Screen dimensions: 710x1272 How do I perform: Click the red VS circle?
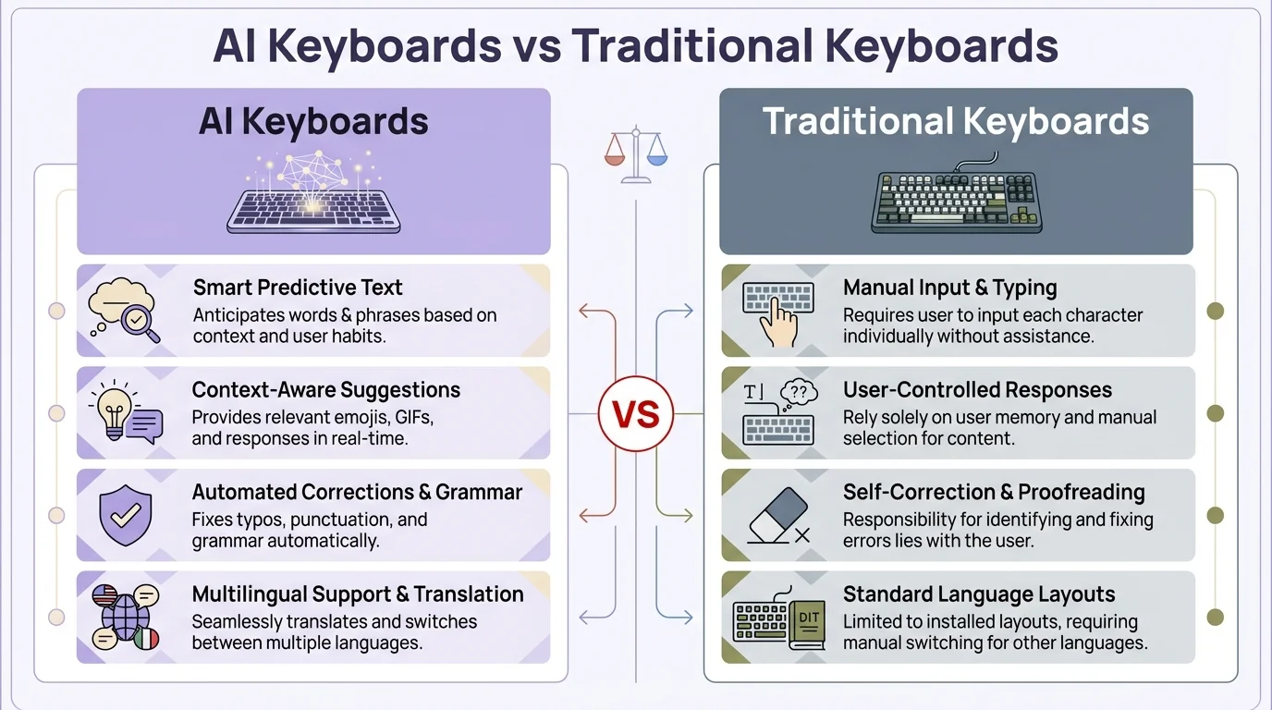[x=636, y=413]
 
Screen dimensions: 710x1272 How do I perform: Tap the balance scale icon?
[x=635, y=155]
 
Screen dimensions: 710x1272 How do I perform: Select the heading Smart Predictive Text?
[x=298, y=288]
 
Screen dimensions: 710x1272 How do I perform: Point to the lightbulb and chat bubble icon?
[x=125, y=413]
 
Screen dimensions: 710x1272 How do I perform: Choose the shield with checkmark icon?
[x=125, y=515]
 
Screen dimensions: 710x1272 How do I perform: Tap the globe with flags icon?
[x=126, y=618]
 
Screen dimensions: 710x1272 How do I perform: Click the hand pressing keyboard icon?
[x=778, y=311]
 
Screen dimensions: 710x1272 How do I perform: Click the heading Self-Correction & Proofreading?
[x=994, y=492]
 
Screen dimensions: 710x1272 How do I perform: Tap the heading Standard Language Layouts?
[x=979, y=594]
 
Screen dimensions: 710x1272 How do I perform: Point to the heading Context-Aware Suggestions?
[x=326, y=390]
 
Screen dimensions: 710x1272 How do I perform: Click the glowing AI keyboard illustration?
[x=313, y=199]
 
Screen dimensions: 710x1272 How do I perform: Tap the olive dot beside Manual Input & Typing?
[x=1216, y=311]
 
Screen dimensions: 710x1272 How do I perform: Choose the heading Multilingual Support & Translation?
[x=358, y=594]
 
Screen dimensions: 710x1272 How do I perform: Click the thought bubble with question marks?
[x=799, y=393]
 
